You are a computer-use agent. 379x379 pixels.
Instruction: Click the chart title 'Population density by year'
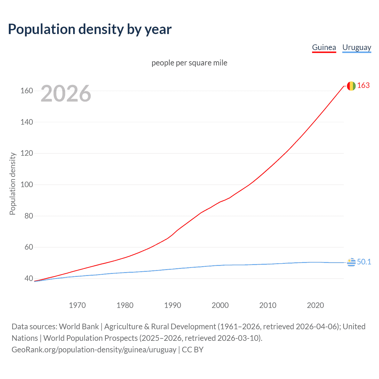[90, 29]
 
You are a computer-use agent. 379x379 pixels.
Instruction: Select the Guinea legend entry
[324, 47]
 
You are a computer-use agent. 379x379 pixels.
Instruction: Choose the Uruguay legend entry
[356, 47]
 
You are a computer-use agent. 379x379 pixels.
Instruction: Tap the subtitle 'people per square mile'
[189, 63]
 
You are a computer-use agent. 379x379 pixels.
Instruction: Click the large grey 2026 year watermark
[66, 94]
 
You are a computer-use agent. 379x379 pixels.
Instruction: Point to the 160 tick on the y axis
[27, 91]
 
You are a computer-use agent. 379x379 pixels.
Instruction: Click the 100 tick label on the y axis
[27, 184]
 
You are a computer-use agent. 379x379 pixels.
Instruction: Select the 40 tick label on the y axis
[28, 278]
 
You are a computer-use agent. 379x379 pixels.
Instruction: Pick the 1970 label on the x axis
[77, 305]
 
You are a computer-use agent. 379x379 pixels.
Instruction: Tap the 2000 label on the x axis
[220, 305]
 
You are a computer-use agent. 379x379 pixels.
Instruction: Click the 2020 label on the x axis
[315, 305]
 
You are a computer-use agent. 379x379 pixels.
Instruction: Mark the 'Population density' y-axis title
[12, 184]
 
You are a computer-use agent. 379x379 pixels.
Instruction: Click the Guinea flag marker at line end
[351, 86]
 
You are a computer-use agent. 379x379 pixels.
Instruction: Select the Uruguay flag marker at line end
[351, 262]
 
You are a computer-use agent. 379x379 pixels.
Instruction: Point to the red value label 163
[363, 86]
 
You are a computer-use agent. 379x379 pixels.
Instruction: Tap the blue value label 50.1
[364, 262]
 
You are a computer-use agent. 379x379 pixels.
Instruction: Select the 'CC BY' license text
[193, 350]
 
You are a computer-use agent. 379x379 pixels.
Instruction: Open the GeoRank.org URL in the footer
[94, 350]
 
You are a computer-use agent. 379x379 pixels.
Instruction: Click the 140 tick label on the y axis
[27, 122]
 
